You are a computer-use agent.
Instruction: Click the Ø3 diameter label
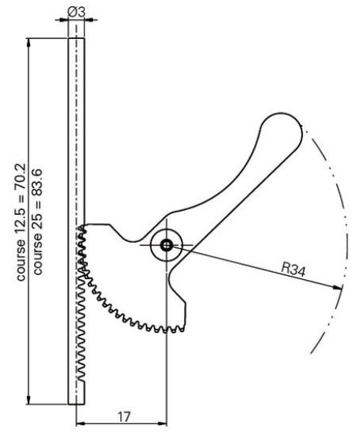pos(76,12)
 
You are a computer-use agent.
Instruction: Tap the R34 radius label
pos(293,270)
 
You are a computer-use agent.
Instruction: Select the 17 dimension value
pos(124,417)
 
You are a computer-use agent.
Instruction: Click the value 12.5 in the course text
pos(21,220)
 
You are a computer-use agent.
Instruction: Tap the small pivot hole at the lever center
pos(167,245)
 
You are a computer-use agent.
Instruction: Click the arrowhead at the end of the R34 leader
pos(338,287)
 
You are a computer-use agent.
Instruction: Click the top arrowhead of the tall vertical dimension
pos(29,42)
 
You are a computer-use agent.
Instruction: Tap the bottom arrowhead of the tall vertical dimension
pos(29,400)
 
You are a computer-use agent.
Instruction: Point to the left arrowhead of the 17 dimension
pos(81,423)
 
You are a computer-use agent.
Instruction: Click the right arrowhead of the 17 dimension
pos(163,423)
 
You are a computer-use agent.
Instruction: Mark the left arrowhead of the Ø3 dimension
pos(64,20)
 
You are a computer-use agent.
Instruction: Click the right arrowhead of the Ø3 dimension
pos(89,20)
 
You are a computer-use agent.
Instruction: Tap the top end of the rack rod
pos(76,38)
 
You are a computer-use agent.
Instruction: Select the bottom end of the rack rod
pos(76,404)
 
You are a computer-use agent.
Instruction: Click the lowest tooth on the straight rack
pos(81,379)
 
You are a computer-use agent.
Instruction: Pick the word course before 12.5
pos(21,260)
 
